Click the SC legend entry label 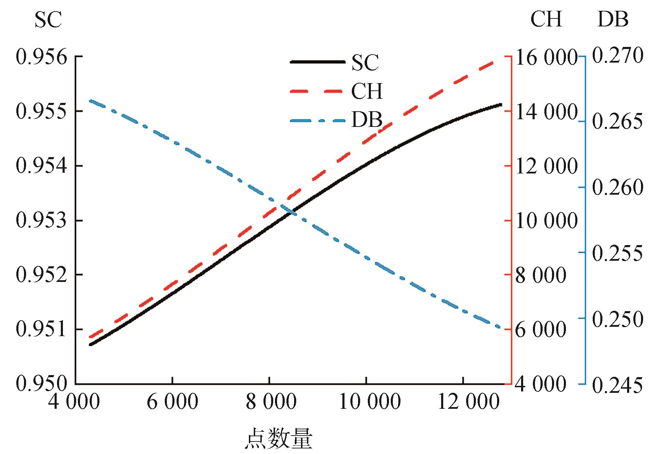click(365, 63)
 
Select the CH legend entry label click(367, 92)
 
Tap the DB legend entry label click(367, 120)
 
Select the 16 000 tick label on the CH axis click(546, 57)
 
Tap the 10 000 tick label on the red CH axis click(546, 220)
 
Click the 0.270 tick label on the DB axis click(617, 56)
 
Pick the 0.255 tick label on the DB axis click(617, 253)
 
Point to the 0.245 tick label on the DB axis click(617, 384)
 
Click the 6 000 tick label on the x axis click(172, 403)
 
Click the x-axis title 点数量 click(278, 439)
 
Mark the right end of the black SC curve click(501, 104)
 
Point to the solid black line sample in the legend click(318, 62)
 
